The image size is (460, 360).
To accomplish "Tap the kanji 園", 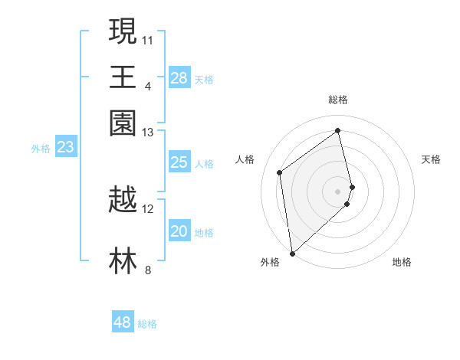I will click(123, 123).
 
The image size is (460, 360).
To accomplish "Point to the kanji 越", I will click(123, 200).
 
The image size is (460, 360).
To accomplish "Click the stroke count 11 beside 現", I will click(148, 39).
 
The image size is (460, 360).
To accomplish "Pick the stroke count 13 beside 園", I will click(148, 133).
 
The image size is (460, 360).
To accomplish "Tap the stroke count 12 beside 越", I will click(148, 209).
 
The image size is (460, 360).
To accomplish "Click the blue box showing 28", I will click(179, 77).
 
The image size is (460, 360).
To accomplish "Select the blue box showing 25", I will click(179, 162).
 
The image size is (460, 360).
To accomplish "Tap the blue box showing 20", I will click(179, 231).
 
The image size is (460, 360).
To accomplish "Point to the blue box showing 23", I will click(65, 148).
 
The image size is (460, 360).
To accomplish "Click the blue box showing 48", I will click(123, 322).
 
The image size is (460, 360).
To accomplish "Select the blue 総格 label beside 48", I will click(147, 324).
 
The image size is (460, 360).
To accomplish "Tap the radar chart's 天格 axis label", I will click(431, 159).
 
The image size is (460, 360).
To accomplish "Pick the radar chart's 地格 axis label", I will click(402, 263).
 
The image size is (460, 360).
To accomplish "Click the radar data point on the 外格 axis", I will click(292, 254).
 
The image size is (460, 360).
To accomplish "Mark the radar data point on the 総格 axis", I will click(337, 130).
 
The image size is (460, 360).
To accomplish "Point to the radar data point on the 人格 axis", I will click(280, 172).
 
